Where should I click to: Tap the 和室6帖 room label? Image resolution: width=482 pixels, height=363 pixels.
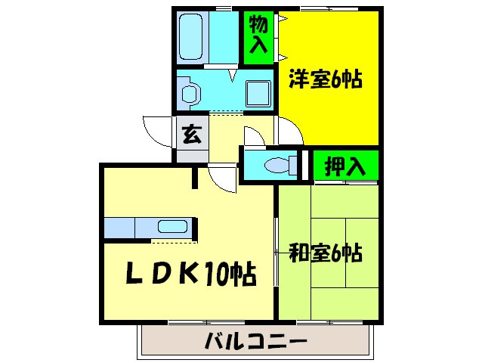326,252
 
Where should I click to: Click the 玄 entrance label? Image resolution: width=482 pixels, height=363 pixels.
192,136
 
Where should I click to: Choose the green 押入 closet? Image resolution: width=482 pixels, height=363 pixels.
345,166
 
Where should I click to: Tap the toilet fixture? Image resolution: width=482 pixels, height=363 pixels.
279,165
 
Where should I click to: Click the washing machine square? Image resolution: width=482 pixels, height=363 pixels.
259,93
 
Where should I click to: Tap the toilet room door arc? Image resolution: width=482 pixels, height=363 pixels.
254,135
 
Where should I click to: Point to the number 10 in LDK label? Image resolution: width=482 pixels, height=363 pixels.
215,275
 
